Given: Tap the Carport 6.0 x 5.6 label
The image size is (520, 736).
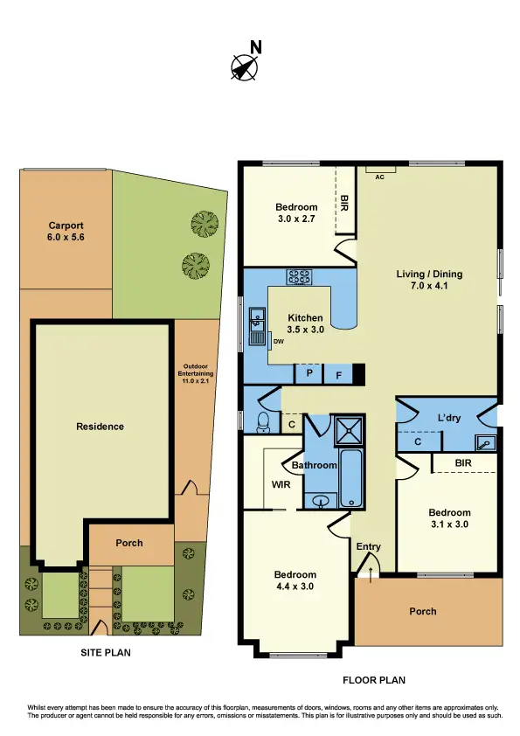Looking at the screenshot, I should point(66,230).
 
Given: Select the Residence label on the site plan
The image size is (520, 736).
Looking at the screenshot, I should point(100,427).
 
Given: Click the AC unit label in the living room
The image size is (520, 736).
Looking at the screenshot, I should point(379,177).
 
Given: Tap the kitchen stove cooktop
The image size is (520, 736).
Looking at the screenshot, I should point(300,277).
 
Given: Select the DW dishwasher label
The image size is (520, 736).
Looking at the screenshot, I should point(278,341).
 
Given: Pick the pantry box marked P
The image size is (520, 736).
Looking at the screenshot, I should point(309,374).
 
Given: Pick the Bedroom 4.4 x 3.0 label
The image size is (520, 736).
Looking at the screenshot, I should point(294,580).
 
